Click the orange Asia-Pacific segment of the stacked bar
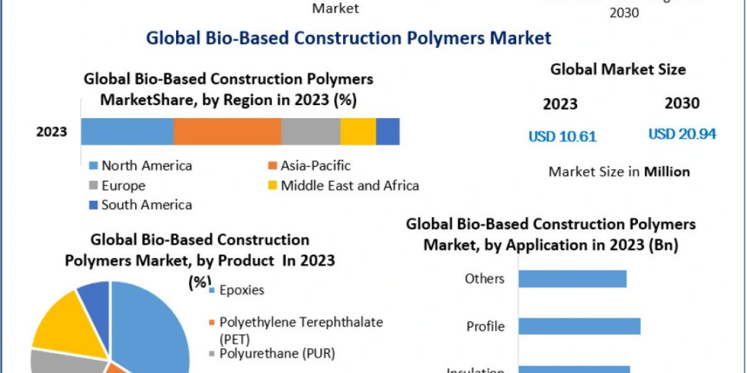pos(227,131)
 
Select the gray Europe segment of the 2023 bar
pos(311,131)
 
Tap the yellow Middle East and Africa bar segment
pos(358,131)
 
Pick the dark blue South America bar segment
pos(388,131)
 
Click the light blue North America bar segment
pos(127,131)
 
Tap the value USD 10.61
pos(562,136)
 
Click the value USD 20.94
pos(682,134)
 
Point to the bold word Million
pos(667,172)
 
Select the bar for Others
pos(572,279)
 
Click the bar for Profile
pos(579,326)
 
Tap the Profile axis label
pos(486,326)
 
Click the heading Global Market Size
pos(618,70)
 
